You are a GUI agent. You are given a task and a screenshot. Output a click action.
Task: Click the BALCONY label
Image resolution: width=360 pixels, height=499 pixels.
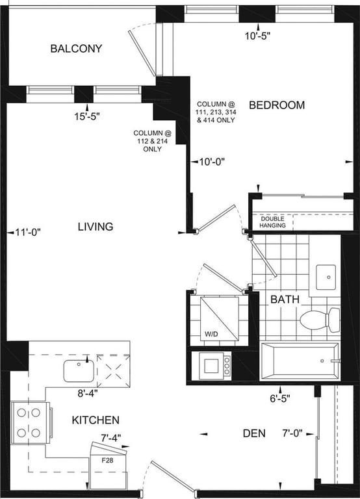pos(77,48)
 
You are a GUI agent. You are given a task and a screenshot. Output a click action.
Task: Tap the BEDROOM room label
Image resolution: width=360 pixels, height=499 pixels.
pos(277,105)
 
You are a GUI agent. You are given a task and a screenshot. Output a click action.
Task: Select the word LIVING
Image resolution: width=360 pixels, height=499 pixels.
pos(96,226)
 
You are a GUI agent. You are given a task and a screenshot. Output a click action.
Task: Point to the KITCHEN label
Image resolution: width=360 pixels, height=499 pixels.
pos(96,420)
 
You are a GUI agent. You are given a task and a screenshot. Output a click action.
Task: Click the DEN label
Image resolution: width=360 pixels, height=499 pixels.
pos(254,433)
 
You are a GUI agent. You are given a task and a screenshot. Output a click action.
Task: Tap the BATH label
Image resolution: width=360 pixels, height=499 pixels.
pos(285,299)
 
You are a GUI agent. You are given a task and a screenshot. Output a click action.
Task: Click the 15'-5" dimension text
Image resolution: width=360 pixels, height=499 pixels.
pos(87,116)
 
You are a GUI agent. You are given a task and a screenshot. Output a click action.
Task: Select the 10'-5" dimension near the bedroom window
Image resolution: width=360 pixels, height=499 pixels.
pos(257,36)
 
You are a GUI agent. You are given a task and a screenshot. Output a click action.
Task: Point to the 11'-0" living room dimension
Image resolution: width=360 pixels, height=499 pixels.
pos(28,233)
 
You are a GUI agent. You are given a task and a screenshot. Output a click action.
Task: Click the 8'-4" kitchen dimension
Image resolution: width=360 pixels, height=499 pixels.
pos(88,393)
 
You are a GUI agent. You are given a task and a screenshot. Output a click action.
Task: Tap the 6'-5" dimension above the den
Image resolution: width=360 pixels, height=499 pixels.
pos(280,398)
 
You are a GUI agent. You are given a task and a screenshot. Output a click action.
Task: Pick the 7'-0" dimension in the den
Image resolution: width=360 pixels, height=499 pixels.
pos(292,433)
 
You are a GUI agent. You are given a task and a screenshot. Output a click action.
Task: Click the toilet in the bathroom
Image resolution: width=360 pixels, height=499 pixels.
pos(319,320)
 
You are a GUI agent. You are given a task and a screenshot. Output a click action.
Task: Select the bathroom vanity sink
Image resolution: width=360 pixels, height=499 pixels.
pos(326,277)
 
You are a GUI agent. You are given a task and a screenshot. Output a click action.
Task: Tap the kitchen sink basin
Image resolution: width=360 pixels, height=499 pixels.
pos(79,371)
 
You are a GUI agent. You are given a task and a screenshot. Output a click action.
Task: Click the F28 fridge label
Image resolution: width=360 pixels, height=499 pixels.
pos(107,460)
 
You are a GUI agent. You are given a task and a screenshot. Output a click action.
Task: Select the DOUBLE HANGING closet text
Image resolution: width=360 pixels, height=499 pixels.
pos(272,222)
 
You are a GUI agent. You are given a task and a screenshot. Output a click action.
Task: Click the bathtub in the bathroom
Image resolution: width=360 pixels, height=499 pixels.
pos(300,361)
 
